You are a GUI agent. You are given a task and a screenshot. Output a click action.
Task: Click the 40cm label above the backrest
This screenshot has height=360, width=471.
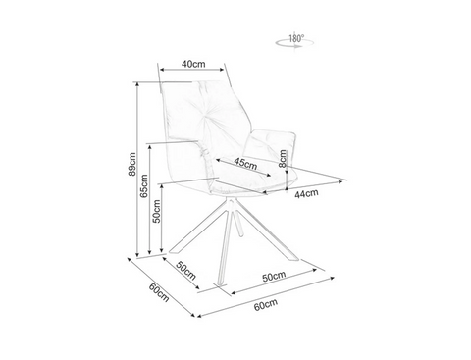pos(193,64)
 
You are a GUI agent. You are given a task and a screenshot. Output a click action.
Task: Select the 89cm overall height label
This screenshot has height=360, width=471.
pos(131,164)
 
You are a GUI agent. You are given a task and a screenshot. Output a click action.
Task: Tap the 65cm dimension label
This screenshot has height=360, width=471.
pos(144,186)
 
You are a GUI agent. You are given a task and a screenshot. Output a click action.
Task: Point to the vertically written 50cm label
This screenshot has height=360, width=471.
pos(157,211)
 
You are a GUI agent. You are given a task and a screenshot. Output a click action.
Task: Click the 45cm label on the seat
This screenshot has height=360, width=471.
pos(245,163)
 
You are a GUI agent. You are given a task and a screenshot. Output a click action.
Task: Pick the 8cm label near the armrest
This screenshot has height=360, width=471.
pos(283,158)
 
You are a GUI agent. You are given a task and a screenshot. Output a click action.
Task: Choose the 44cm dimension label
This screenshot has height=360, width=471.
pos(306,193)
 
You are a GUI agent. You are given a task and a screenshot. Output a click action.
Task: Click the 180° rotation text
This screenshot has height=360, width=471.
pos(296,38)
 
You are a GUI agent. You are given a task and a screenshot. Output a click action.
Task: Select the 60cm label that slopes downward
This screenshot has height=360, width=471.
pos(159,292)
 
